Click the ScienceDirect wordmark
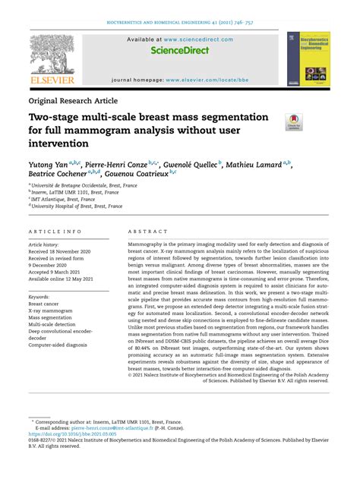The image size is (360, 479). coord(179,52)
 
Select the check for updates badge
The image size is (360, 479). coord(293,121)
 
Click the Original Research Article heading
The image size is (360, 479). coord(73,100)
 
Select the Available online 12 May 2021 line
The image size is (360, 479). coord(67,278)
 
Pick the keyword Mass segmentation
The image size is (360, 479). coord(55,318)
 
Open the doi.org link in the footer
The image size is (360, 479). coord(76,433)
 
